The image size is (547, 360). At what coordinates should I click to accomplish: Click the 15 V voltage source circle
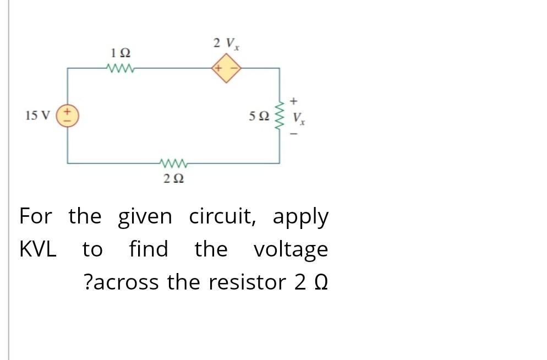click(68, 116)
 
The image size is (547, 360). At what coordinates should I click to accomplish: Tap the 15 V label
click(37, 116)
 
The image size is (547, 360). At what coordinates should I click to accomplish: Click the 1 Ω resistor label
click(121, 54)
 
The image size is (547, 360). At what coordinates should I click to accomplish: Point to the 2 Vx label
click(226, 43)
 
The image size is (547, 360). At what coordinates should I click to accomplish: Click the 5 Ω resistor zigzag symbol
click(279, 116)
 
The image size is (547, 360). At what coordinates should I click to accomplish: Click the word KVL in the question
click(38, 249)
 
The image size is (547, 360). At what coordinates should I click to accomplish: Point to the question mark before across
click(89, 282)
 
